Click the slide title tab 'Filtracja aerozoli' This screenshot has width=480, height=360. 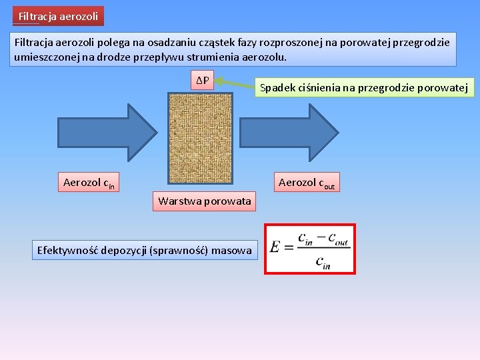58,15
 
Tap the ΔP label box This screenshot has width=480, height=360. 202,81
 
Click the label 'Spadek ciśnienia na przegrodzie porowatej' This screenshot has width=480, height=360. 363,87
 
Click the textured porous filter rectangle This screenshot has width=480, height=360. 200,138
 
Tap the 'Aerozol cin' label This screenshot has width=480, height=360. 89,183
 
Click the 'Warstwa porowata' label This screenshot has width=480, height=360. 204,201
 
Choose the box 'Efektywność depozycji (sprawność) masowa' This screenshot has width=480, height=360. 145,251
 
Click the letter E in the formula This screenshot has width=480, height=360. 275,247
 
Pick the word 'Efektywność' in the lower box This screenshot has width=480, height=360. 67,251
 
